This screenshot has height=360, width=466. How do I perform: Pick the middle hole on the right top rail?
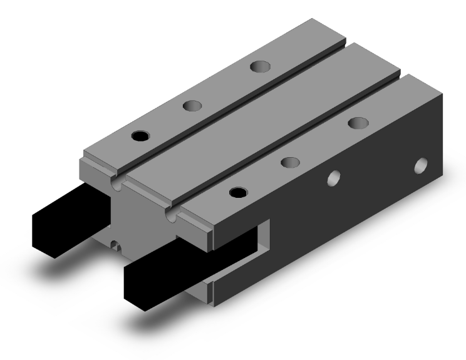tap(289, 162)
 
